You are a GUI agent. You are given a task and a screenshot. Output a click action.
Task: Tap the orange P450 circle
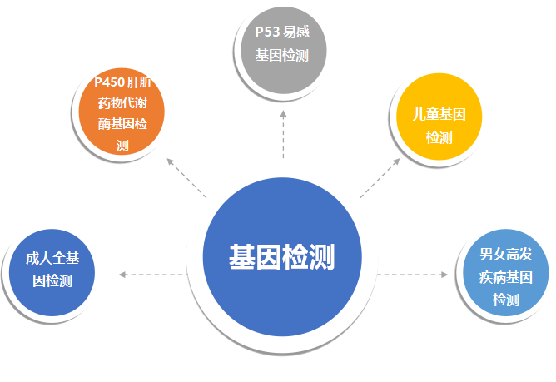tap(123, 112)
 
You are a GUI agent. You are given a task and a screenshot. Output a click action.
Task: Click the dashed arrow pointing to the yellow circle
tap(381, 176)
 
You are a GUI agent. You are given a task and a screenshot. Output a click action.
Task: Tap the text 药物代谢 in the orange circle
tap(123, 104)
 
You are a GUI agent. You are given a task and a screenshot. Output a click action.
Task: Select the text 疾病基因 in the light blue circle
tap(505, 278)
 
